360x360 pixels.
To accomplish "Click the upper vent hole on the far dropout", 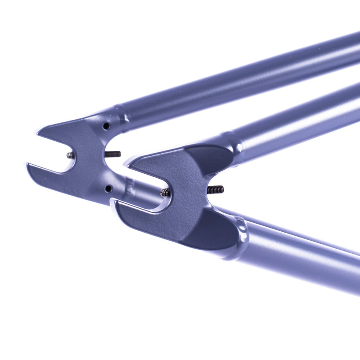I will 106,126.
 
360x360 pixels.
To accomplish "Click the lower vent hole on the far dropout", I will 108,189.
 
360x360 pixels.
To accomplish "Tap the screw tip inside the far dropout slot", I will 71,155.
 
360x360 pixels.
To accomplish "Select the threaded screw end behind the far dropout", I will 113,154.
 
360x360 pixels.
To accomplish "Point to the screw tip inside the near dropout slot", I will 165,193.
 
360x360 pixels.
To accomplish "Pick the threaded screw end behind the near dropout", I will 216,189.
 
